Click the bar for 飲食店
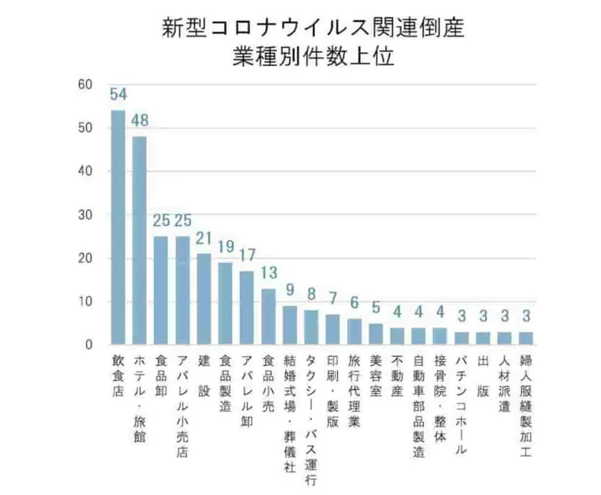[118, 228]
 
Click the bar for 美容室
[375, 334]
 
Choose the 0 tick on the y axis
[89, 345]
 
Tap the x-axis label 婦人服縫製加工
[525, 397]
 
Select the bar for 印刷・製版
[332, 329]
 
